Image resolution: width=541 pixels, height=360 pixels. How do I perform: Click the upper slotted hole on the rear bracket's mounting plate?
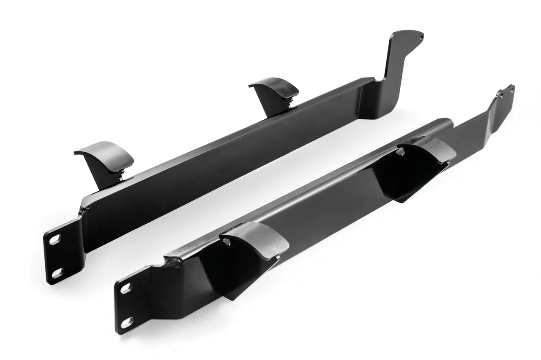coord(55,239)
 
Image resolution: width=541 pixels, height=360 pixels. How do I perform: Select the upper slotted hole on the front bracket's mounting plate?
coord(126,289)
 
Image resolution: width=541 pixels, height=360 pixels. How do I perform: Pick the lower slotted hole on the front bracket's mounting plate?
coord(127,322)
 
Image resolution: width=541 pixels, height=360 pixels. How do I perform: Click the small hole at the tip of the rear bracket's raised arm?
coord(421,37)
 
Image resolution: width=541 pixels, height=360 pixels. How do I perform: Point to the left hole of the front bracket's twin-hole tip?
coord(502,95)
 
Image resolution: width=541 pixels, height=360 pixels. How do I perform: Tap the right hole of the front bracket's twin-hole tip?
coord(511,89)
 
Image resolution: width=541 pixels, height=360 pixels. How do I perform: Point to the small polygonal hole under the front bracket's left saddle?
coord(227,242)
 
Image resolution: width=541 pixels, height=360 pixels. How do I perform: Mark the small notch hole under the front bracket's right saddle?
coord(400,151)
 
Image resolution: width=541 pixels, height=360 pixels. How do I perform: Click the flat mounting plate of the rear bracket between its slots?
coord(56,256)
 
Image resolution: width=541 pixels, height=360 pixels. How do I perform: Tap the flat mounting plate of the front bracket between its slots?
coord(126,305)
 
